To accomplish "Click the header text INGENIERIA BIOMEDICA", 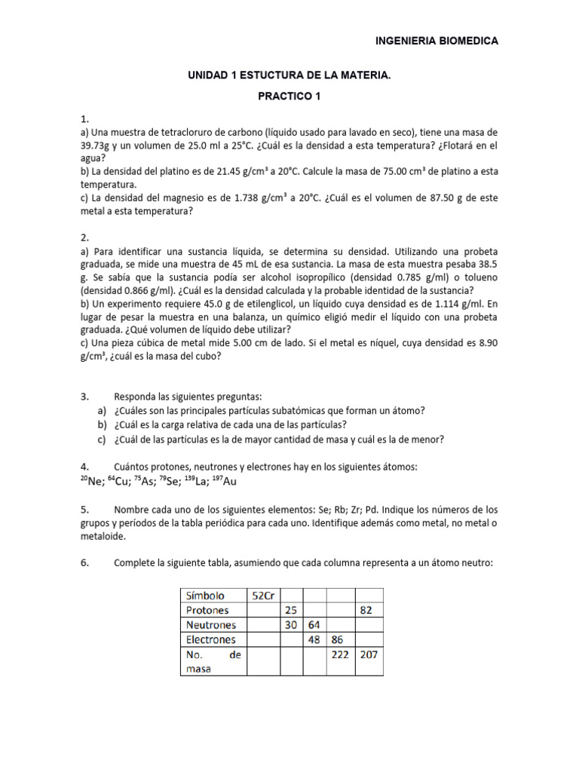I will [437, 41].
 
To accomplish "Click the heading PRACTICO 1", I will [289, 97].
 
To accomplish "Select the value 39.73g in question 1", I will [96, 146].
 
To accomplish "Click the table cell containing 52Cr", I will [263, 595].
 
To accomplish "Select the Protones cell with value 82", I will [366, 610].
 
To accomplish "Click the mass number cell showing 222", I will [340, 655].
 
